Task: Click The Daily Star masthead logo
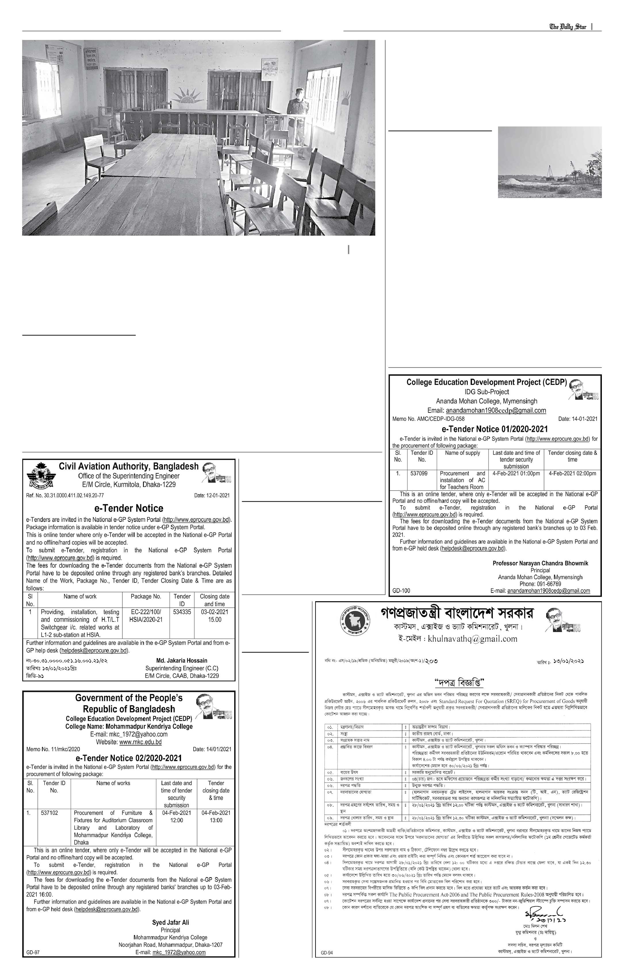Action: [x=568, y=27]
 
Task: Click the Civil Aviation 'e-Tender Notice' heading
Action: [x=129, y=508]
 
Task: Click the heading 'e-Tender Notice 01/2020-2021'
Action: [x=495, y=429]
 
